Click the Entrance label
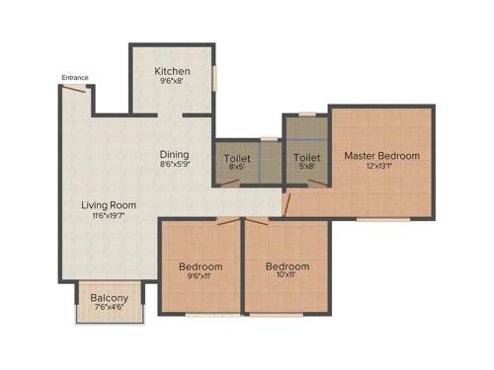click(75, 78)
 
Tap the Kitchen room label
click(173, 72)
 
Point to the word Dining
click(175, 154)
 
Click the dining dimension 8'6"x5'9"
click(175, 166)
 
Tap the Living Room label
click(109, 205)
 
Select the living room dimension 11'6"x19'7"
click(109, 217)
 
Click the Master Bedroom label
click(381, 156)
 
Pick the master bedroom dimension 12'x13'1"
click(381, 168)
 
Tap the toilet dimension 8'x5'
click(237, 168)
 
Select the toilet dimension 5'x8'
click(306, 168)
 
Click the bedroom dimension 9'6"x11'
click(201, 277)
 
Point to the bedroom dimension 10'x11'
click(288, 277)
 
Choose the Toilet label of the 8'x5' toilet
click(237, 157)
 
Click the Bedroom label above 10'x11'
click(288, 266)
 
